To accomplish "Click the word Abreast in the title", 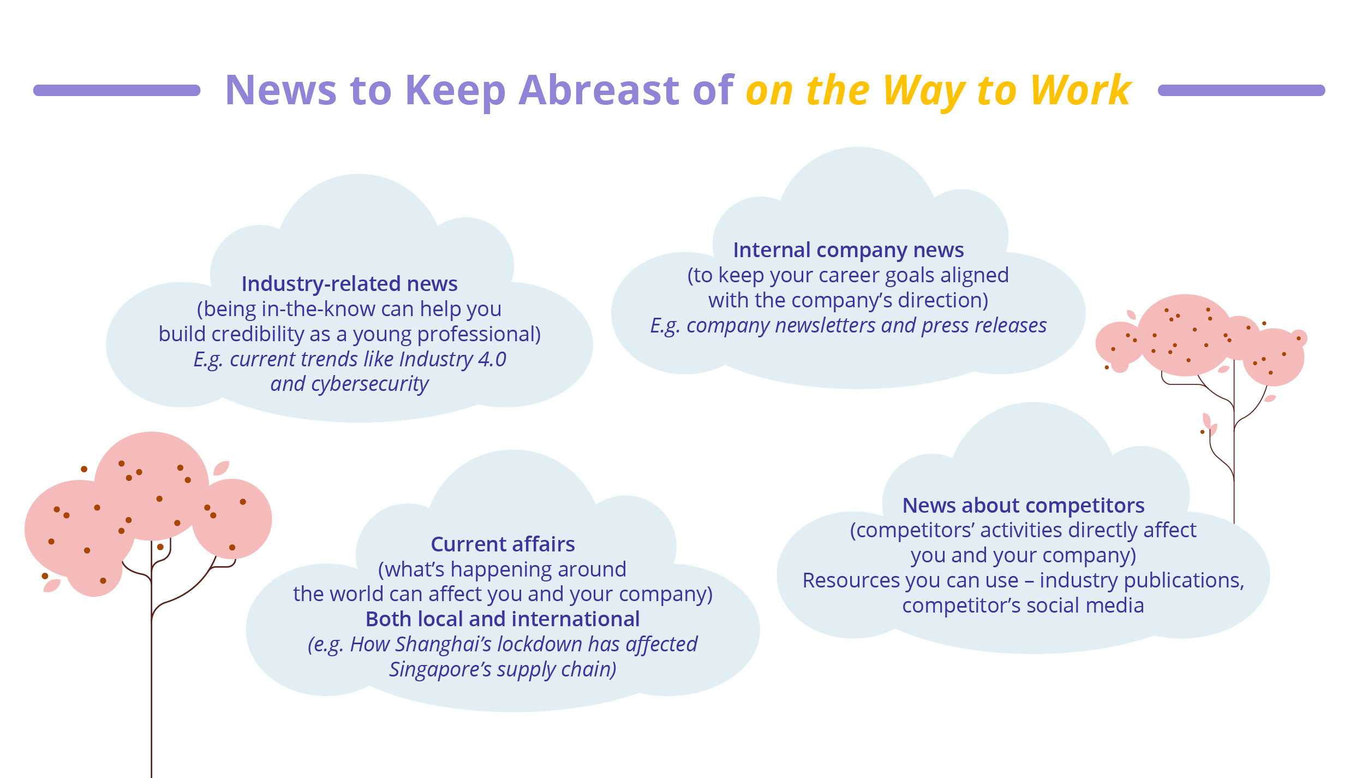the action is pyautogui.click(x=599, y=90).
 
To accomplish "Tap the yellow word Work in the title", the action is pyautogui.click(x=1080, y=90).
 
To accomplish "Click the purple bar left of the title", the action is pyautogui.click(x=117, y=90).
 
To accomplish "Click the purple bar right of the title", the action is pyautogui.click(x=1241, y=90).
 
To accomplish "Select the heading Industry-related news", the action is pyautogui.click(x=350, y=284).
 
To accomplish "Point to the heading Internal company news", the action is pyautogui.click(x=849, y=250).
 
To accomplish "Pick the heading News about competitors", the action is pyautogui.click(x=1023, y=506).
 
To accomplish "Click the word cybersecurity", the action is pyautogui.click(x=370, y=384).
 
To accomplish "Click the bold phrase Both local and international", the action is pyautogui.click(x=503, y=619).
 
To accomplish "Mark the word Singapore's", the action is pyautogui.click(x=440, y=669).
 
